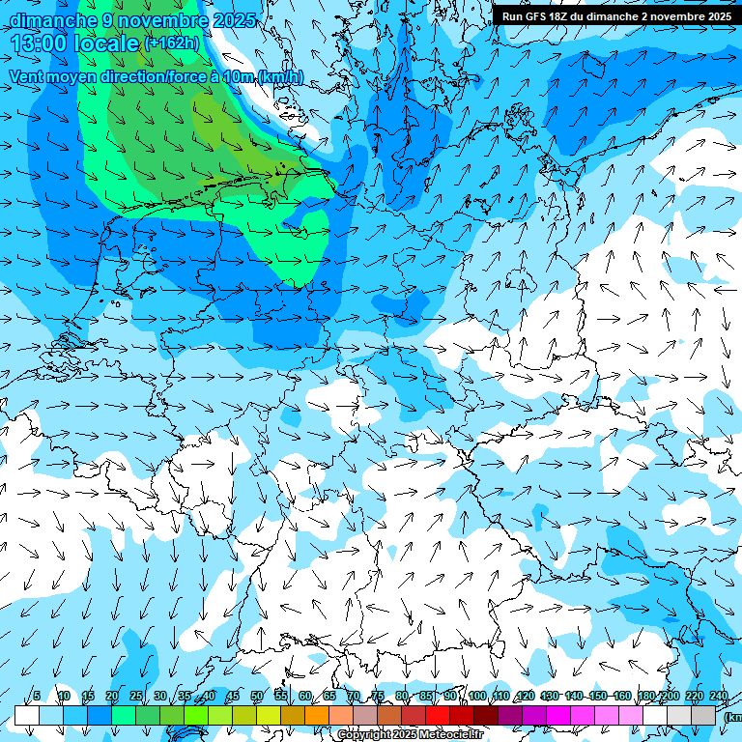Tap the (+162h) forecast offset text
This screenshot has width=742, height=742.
171,43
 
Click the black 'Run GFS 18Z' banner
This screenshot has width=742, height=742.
615,15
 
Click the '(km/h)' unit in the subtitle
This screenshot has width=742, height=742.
280,77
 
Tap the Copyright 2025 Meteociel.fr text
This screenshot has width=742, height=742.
410,735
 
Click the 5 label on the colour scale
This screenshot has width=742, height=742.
37,697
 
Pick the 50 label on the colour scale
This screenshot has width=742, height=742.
257,697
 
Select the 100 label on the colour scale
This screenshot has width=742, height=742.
477,697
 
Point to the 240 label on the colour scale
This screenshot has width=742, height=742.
719,697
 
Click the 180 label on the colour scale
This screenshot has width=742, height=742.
645,697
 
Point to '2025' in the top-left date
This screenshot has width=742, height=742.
233,20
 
